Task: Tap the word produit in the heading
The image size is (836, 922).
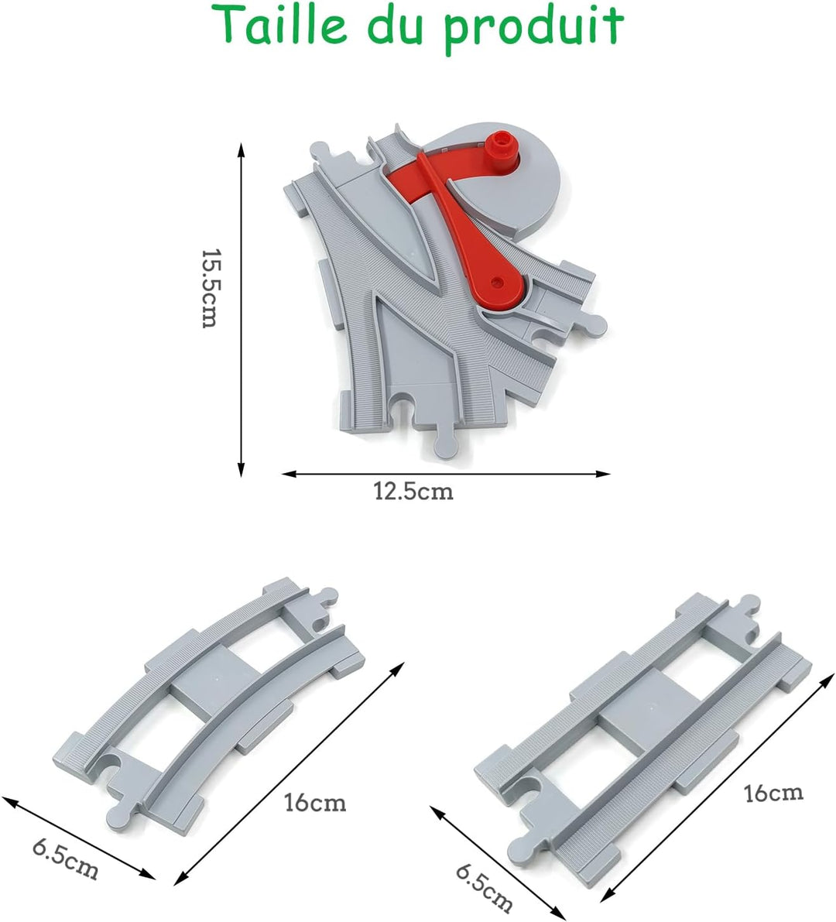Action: coord(534,28)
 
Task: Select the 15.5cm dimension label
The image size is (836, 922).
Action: coord(209,288)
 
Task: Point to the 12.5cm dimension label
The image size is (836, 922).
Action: coord(414,490)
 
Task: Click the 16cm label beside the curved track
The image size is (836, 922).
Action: coord(315,802)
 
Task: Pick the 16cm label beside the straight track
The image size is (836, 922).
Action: coord(773,793)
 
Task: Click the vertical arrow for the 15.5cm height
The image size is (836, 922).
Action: coord(241,310)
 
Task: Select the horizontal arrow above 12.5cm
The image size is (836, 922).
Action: coord(446,473)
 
